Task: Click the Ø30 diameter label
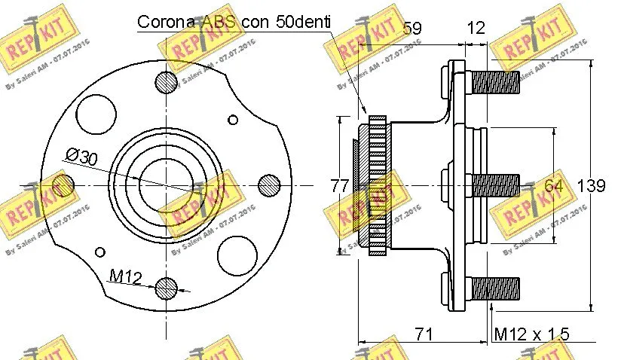[81, 157]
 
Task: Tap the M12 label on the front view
[126, 277]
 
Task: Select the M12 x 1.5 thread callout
[531, 334]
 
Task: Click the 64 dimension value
[553, 185]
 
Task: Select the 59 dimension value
[411, 28]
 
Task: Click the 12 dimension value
[476, 28]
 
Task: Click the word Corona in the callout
[167, 22]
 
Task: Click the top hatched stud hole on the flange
[166, 81]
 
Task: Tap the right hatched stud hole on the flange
[268, 184]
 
